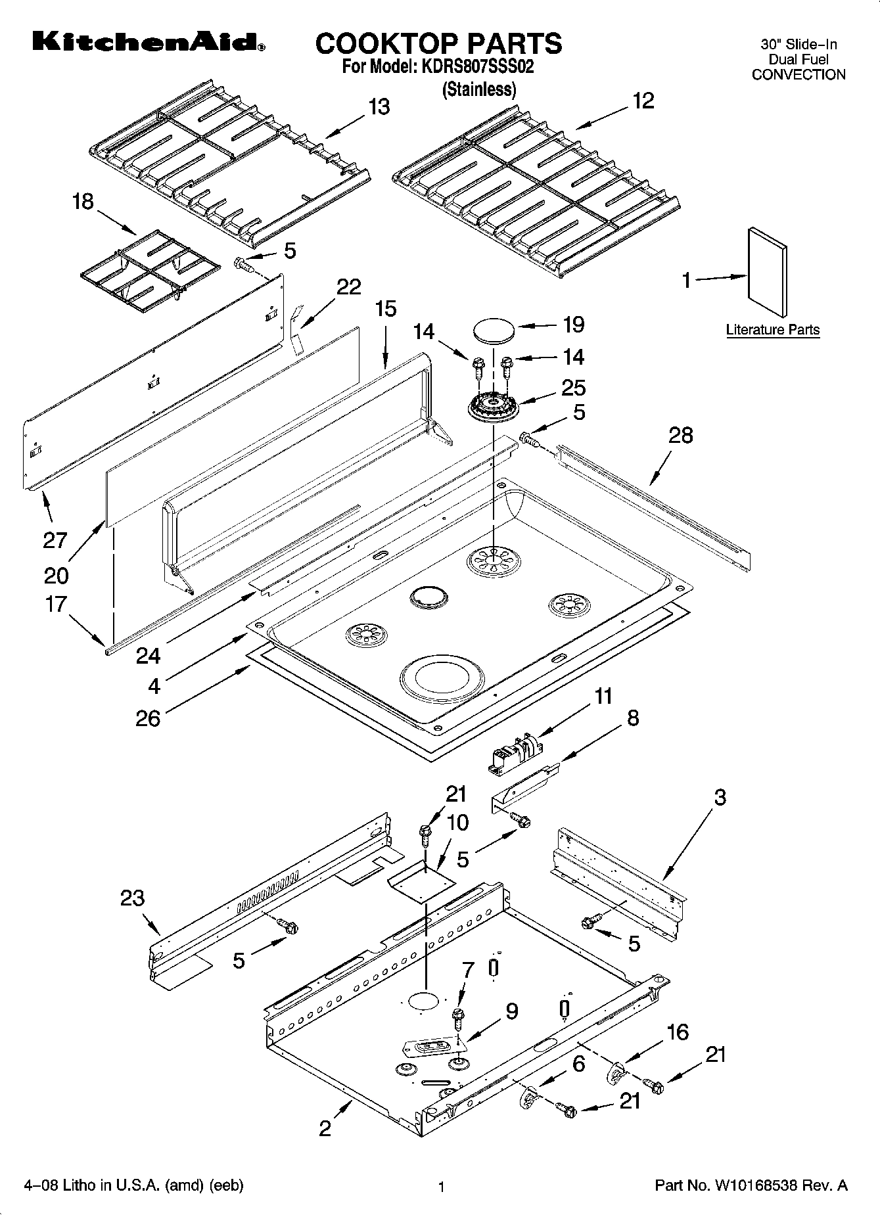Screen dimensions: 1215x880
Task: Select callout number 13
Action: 379,106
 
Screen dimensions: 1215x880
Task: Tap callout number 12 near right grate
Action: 643,101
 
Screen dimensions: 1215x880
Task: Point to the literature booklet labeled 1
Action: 767,272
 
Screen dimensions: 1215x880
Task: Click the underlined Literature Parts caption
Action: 772,330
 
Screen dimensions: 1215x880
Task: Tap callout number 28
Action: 680,435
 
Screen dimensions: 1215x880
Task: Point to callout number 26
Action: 148,718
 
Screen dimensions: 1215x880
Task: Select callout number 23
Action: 132,898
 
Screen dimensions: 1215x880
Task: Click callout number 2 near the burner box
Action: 325,1129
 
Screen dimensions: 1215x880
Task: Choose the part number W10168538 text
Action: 751,1186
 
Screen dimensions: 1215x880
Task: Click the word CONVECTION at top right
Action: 798,75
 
